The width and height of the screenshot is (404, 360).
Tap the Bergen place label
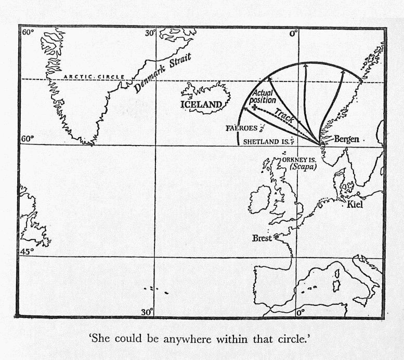coord(346,139)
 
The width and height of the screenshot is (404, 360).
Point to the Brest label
coord(262,238)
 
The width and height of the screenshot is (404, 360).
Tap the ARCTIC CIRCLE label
coord(94,77)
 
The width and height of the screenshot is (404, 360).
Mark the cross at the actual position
coord(254,108)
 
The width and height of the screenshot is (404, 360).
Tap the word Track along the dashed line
coord(284,115)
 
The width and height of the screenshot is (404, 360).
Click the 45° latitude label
coord(27,251)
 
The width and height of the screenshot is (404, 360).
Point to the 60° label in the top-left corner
coord(28,32)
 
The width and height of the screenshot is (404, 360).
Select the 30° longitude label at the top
coord(150,33)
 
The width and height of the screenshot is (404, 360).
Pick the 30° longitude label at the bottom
coord(148,312)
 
